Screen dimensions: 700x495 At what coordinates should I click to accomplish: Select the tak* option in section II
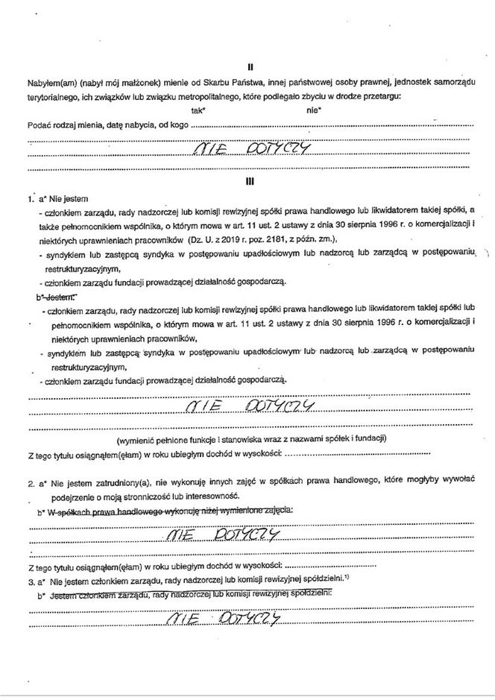coord(198,110)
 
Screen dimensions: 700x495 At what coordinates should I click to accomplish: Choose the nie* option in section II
coord(313,110)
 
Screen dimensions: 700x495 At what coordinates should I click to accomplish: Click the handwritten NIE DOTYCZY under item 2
coord(224,535)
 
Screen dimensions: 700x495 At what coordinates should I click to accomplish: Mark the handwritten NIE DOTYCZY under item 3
coord(224,618)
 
